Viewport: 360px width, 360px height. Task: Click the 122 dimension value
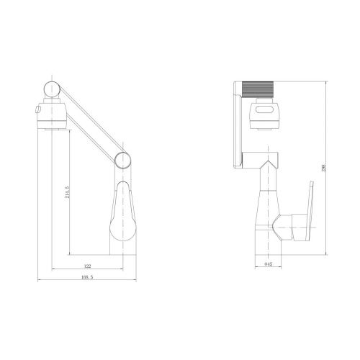point(87,265)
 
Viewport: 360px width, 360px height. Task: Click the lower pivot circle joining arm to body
point(123,161)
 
